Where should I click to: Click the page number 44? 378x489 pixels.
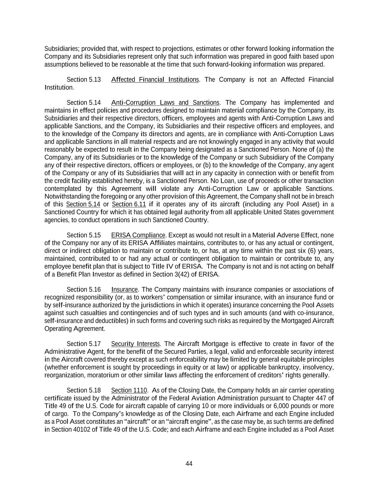(189, 464)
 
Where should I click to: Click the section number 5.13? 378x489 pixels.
(95, 80)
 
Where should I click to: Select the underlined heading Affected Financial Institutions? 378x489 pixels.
(155, 80)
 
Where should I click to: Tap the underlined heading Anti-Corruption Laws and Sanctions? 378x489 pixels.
(165, 103)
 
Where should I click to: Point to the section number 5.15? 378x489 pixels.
(95, 235)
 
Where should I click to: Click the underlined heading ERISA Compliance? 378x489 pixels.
(138, 235)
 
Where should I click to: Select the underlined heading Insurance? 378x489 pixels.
(124, 289)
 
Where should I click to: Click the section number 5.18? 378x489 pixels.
(95, 390)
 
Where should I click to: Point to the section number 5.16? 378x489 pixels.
(95, 289)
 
